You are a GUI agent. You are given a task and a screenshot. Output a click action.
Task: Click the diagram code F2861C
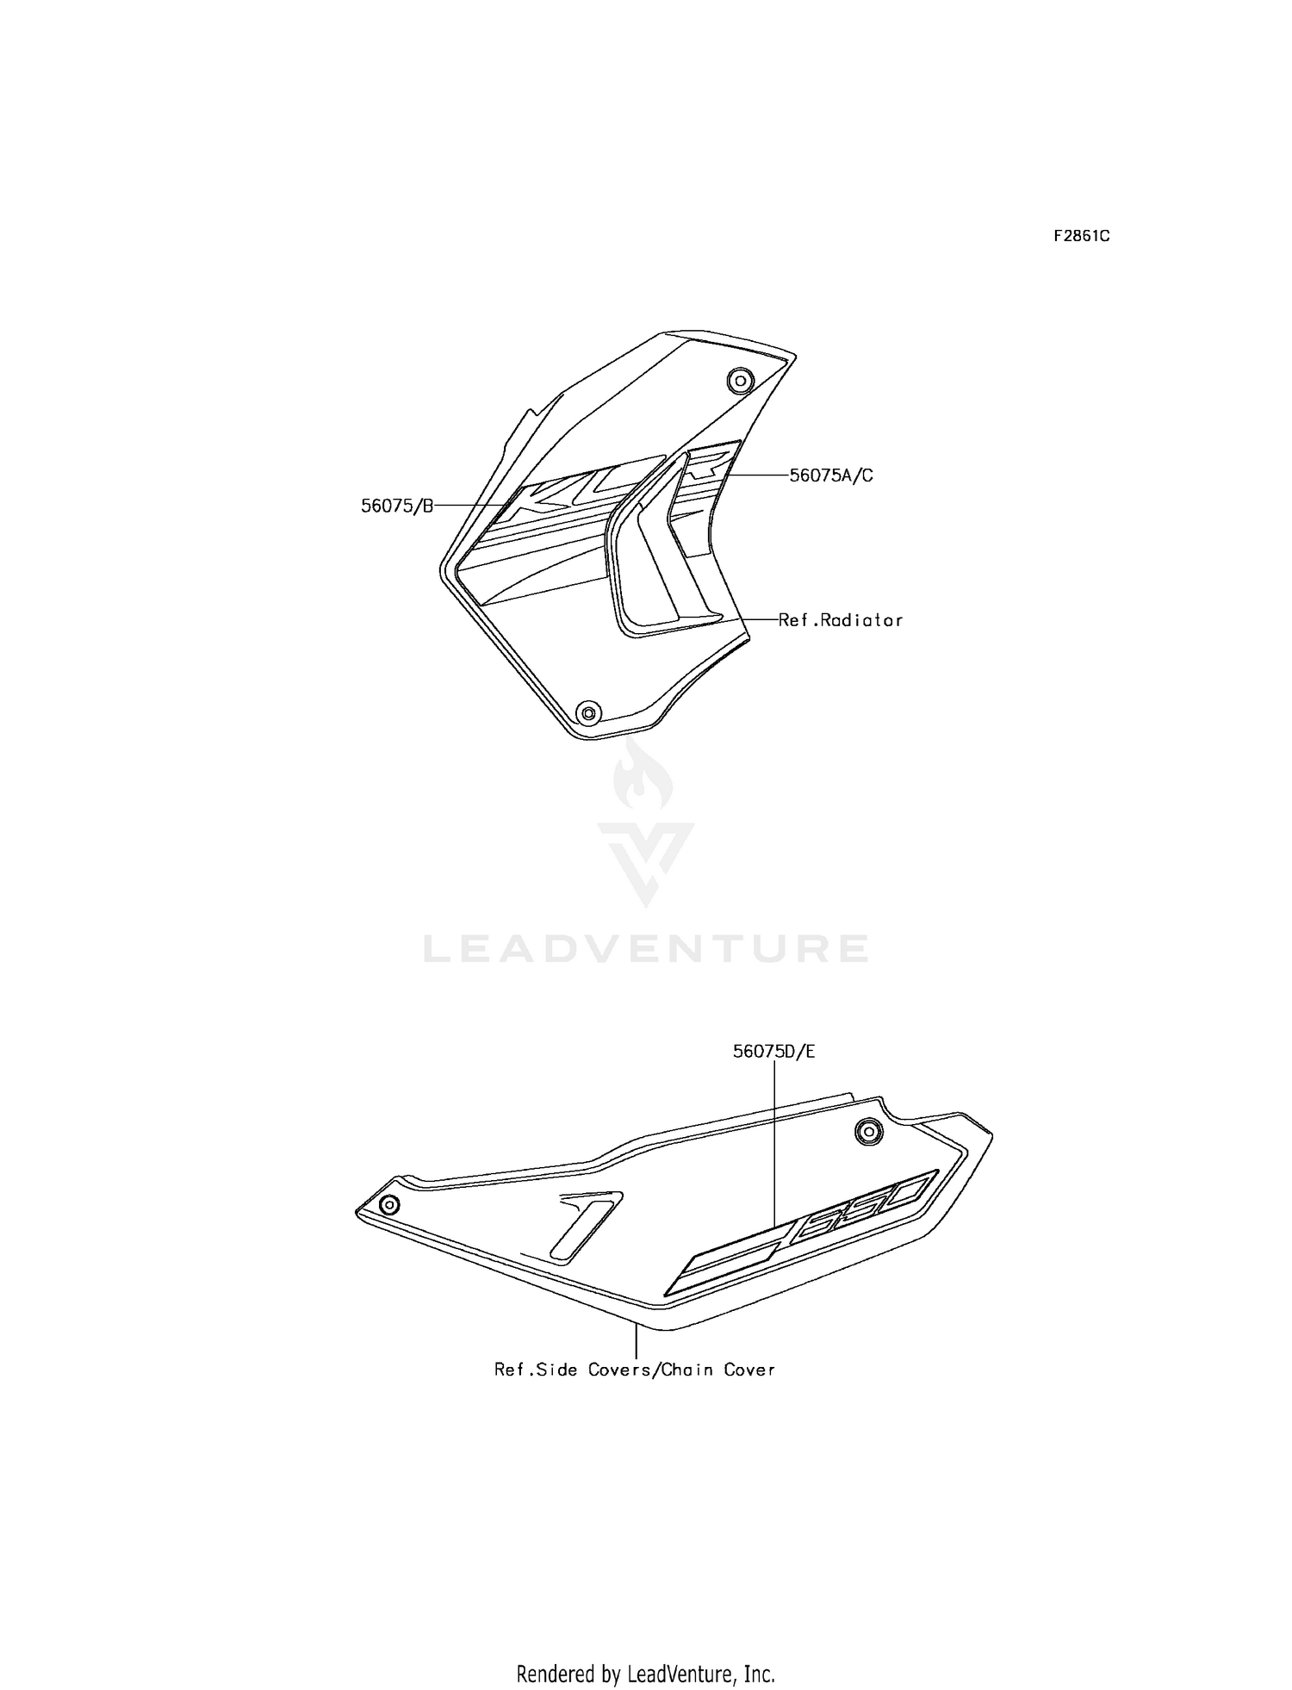click(1081, 236)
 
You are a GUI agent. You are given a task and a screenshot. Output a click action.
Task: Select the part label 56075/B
click(397, 506)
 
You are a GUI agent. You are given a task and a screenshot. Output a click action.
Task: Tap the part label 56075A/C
click(831, 475)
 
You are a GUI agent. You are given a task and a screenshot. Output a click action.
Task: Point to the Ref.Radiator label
click(841, 619)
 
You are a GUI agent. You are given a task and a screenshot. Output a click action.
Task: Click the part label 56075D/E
click(773, 1051)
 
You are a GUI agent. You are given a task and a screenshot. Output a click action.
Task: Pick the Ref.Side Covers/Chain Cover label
click(635, 1369)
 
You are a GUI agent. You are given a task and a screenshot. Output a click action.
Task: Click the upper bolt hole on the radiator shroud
click(740, 380)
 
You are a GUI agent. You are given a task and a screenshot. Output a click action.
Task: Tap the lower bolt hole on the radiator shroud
click(589, 712)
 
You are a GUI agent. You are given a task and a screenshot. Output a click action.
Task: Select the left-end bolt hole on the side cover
click(389, 1203)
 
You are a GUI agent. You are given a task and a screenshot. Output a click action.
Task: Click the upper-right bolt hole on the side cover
click(868, 1131)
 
